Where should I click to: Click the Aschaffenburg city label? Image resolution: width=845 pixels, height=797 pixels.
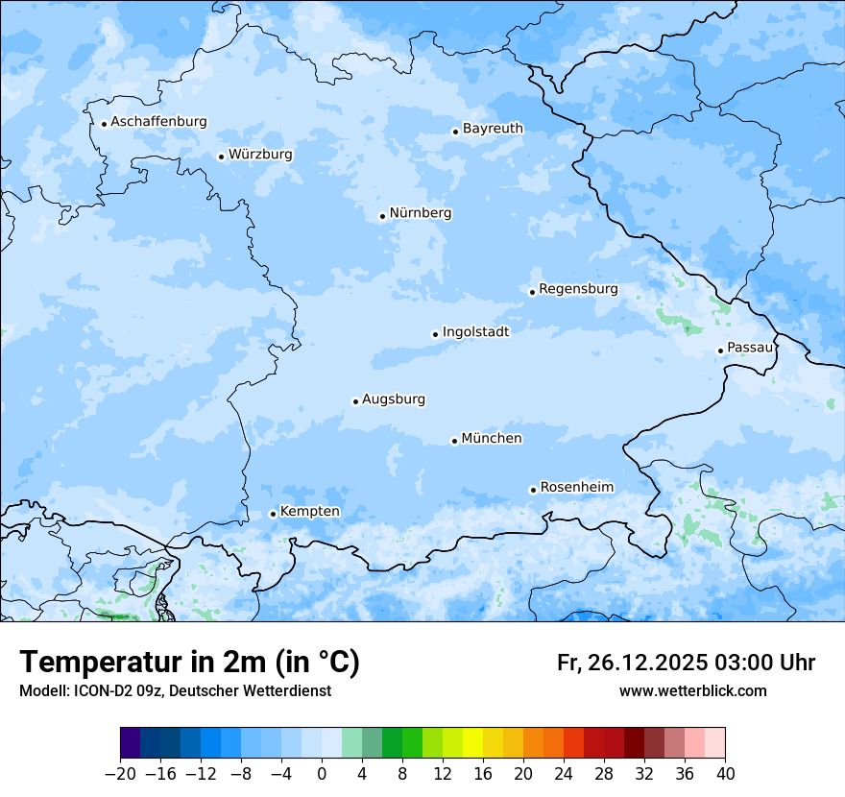click(158, 122)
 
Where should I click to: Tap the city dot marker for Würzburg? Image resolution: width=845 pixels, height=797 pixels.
click(221, 157)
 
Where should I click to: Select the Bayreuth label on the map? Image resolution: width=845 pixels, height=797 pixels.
click(493, 129)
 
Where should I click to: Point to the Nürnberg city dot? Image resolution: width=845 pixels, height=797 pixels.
click(382, 216)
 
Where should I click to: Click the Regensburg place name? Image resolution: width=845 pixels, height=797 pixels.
click(578, 289)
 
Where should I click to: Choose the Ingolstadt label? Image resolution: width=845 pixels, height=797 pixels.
click(475, 332)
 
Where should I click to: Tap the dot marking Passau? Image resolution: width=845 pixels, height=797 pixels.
click(720, 350)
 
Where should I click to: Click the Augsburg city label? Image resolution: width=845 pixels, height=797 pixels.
click(394, 399)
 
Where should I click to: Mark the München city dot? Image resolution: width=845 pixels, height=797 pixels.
click(454, 441)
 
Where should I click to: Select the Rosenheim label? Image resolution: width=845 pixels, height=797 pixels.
click(576, 488)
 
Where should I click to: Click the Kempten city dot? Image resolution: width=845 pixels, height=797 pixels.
click(273, 514)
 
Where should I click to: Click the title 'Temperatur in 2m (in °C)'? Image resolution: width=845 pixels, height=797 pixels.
click(189, 663)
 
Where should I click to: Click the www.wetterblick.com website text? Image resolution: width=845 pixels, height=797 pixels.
click(692, 691)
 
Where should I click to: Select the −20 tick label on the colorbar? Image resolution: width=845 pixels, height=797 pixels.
click(120, 774)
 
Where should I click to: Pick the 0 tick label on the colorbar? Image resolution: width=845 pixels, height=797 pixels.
click(322, 774)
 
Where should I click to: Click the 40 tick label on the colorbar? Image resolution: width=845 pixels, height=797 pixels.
click(725, 774)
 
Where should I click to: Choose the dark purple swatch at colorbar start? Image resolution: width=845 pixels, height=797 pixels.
click(131, 744)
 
